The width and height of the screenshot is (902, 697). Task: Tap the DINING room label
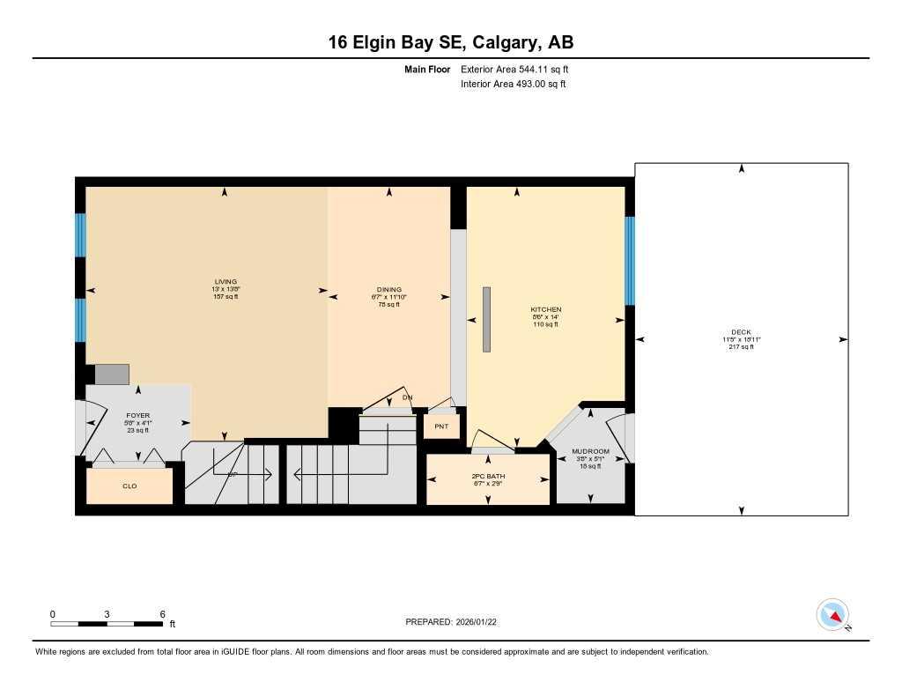[x=389, y=290]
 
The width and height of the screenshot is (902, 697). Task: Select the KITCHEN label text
[x=545, y=310]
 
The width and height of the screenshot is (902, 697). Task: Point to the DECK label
[x=741, y=332]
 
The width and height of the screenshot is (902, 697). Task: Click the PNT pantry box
[x=441, y=426]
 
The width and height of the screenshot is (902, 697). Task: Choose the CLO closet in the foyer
[x=129, y=486]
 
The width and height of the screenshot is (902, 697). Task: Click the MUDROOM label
[x=590, y=451]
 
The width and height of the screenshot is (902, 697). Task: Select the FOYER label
[x=137, y=415]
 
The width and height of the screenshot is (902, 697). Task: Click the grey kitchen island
[x=486, y=320]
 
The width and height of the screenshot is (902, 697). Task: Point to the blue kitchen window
[x=630, y=261]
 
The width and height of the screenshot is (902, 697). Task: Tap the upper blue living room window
[x=80, y=234]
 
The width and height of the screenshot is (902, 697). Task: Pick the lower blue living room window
[x=80, y=320]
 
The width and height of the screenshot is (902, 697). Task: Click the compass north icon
[x=832, y=614]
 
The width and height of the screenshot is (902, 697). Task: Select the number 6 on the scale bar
[x=162, y=614]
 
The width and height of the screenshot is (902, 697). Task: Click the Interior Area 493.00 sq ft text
[x=513, y=85]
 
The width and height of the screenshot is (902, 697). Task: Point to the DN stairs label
[x=407, y=397]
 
